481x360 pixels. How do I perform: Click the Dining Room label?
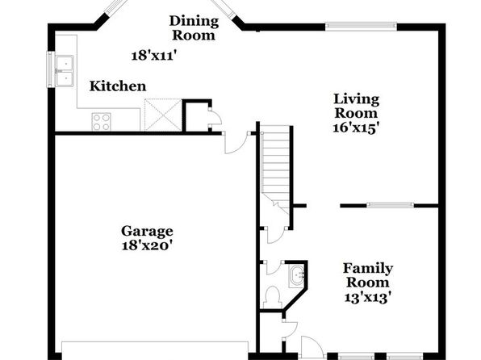[194, 28]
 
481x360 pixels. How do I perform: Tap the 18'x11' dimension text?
[155, 56]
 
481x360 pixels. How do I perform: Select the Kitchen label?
[118, 86]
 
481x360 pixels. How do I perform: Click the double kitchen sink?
[65, 71]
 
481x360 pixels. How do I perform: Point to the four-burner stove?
[101, 122]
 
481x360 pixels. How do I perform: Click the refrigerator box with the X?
[162, 115]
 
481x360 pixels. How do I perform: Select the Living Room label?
[356, 106]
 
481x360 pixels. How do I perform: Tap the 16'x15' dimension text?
[354, 128]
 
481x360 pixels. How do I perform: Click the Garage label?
[147, 231]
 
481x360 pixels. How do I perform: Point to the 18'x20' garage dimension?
[145, 245]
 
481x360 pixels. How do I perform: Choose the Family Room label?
[368, 275]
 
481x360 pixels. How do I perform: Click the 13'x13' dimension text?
[368, 298]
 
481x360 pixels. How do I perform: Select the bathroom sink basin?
[297, 277]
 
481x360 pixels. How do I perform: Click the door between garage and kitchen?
[236, 143]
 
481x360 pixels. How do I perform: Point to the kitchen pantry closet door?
[215, 116]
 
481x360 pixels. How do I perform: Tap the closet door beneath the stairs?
[276, 236]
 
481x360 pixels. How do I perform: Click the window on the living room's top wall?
[361, 27]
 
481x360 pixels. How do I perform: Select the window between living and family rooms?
[390, 205]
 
